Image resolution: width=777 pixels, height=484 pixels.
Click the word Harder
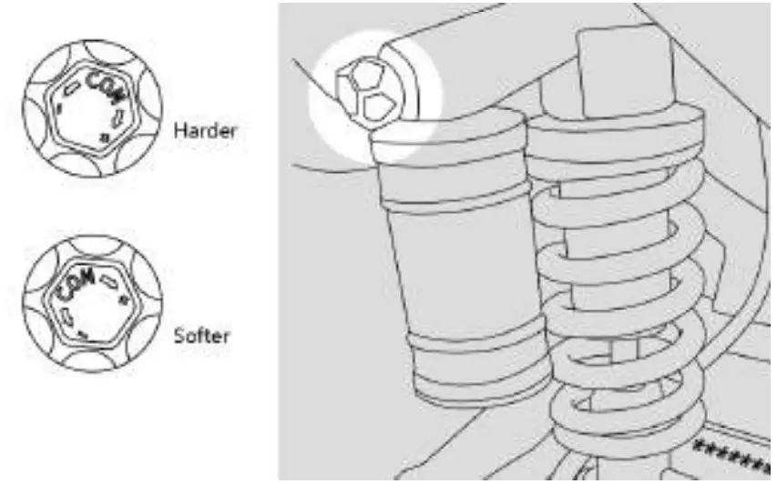[205, 131]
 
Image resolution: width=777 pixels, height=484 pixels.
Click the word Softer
[201, 336]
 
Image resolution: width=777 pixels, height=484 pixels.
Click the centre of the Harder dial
[91, 109]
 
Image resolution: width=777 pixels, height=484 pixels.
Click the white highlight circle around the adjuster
[414, 68]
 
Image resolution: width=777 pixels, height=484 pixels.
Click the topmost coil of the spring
[619, 127]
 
